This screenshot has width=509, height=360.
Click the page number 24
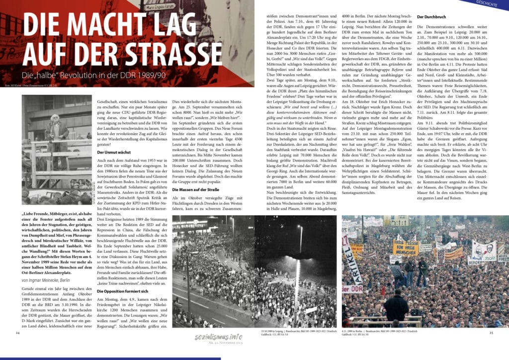pyautogui.click(x=18, y=332)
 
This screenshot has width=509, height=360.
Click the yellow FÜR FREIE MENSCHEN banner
pyautogui.click(x=406, y=247)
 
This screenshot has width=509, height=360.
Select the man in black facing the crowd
pyautogui.click(x=398, y=303)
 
